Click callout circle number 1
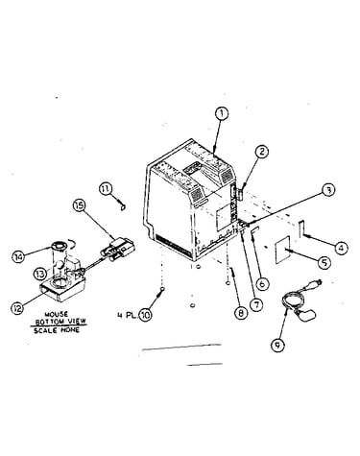click(x=222, y=114)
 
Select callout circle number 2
click(x=262, y=152)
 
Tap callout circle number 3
click(x=328, y=190)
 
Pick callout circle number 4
click(x=342, y=248)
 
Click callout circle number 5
click(x=324, y=262)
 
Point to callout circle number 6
click(x=262, y=283)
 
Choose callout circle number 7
click(x=256, y=304)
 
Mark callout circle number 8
click(x=241, y=313)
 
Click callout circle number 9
click(x=277, y=345)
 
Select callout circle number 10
click(x=145, y=315)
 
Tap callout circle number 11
click(x=106, y=188)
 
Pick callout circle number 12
click(x=17, y=308)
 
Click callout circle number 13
click(x=41, y=275)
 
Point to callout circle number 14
click(x=18, y=257)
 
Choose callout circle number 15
click(x=79, y=204)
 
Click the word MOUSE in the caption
click(x=57, y=315)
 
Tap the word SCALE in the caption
click(x=45, y=330)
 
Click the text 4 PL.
click(x=128, y=316)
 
